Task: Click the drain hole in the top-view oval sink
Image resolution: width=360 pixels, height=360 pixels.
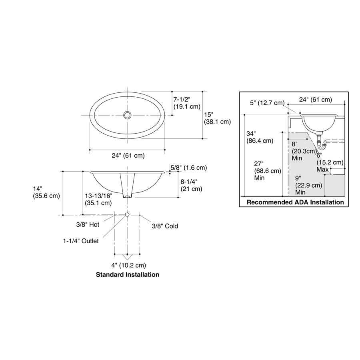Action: click(127, 115)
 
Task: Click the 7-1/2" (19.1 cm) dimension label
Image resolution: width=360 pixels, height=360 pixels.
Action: click(187, 103)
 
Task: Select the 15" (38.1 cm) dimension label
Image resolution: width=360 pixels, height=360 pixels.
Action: click(218, 118)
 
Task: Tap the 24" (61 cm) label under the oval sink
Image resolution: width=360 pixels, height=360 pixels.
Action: click(128, 156)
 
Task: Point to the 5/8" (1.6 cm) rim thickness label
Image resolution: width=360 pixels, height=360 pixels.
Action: click(188, 168)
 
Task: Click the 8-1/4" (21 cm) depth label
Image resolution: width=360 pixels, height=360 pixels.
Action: click(191, 185)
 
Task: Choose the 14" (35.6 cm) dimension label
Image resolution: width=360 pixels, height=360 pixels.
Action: click(46, 192)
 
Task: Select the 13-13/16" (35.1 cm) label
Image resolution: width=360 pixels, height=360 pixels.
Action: click(98, 199)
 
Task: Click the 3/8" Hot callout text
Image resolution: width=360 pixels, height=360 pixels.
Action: click(88, 224)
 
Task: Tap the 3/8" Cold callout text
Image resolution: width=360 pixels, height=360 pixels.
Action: click(165, 226)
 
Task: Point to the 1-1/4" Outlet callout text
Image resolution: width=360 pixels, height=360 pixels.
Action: click(81, 241)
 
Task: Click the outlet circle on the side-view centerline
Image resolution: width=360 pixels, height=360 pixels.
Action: click(127, 215)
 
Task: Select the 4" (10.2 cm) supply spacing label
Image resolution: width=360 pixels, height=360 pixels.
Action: click(128, 266)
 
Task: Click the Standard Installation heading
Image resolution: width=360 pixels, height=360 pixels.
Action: click(128, 274)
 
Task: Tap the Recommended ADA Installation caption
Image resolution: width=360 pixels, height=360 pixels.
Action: click(295, 202)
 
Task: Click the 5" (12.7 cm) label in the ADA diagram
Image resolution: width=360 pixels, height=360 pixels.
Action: click(267, 103)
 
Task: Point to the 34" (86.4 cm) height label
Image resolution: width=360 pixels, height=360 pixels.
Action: click(260, 137)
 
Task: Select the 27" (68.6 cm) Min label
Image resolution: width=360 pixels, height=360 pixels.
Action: click(268, 170)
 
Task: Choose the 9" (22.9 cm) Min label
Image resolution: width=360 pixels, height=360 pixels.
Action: click(308, 185)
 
